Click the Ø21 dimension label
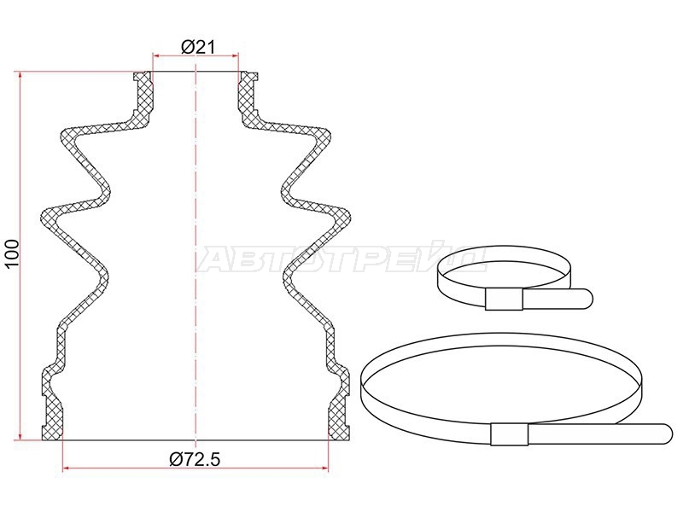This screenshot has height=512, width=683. click(198, 47)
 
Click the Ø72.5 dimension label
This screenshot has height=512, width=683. click(195, 459)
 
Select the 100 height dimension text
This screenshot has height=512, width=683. click(12, 254)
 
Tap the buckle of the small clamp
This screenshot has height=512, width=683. click(504, 300)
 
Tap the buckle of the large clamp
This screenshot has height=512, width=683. click(509, 433)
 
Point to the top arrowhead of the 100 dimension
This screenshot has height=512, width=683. click(20, 75)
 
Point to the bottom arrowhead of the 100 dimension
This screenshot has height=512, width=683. click(20, 436)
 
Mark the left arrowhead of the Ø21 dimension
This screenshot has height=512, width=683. click(155, 55)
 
